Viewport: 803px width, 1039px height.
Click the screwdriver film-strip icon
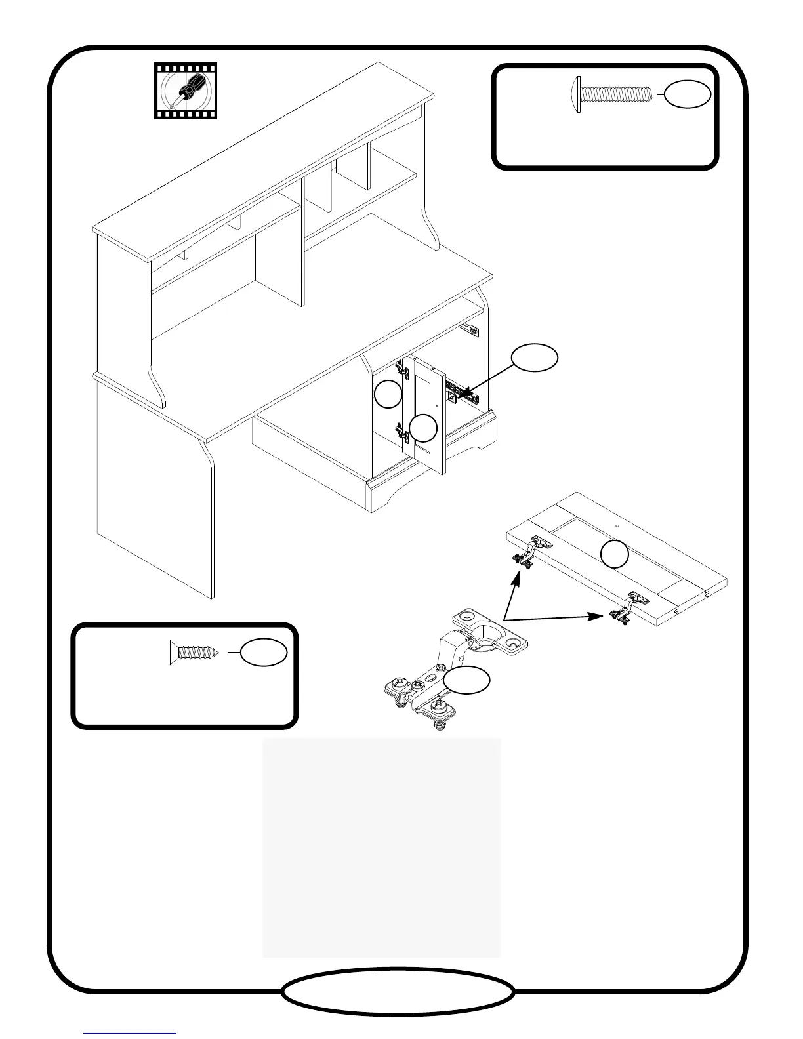pyautogui.click(x=186, y=91)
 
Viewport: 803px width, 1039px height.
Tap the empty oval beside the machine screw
pyautogui.click(x=687, y=94)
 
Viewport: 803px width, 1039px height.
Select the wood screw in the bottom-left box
pyautogui.click(x=195, y=653)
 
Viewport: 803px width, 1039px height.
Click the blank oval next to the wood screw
pyautogui.click(x=264, y=653)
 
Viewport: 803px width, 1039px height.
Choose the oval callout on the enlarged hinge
pyautogui.click(x=466, y=682)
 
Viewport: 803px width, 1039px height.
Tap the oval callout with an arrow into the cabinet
pyautogui.click(x=535, y=357)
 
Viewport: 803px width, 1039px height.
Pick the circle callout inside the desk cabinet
pyautogui.click(x=388, y=394)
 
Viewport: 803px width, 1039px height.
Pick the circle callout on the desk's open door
pyautogui.click(x=423, y=428)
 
